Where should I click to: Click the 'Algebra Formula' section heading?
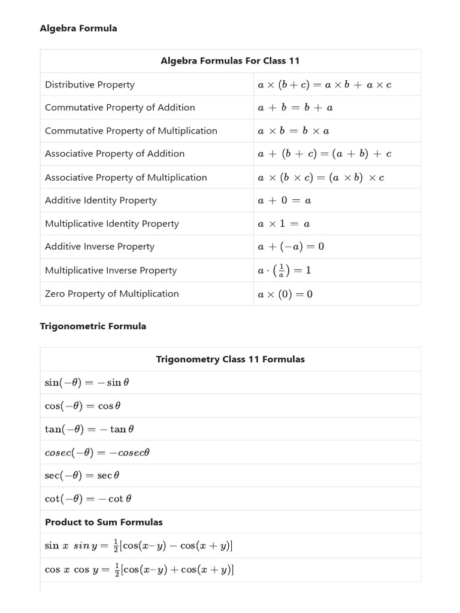78,28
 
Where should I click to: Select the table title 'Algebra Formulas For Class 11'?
230,61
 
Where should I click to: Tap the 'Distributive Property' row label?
90,84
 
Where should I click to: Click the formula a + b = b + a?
295,108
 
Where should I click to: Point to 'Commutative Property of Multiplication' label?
131,131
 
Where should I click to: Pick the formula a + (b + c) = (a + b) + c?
325,154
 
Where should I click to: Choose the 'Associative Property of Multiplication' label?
126,177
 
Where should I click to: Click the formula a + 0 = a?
285,201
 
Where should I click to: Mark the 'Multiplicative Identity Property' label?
112,223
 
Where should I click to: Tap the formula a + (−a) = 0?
291,247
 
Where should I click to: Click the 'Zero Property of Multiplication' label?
112,293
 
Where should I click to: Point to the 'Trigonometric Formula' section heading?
93,326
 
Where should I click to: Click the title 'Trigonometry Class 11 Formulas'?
230,359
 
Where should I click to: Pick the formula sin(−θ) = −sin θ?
87,383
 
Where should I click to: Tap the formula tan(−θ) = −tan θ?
89,429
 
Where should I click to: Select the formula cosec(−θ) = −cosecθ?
97,453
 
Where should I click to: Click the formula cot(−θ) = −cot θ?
88,499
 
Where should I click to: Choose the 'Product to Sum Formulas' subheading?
104,522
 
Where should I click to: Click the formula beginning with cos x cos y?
139,570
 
